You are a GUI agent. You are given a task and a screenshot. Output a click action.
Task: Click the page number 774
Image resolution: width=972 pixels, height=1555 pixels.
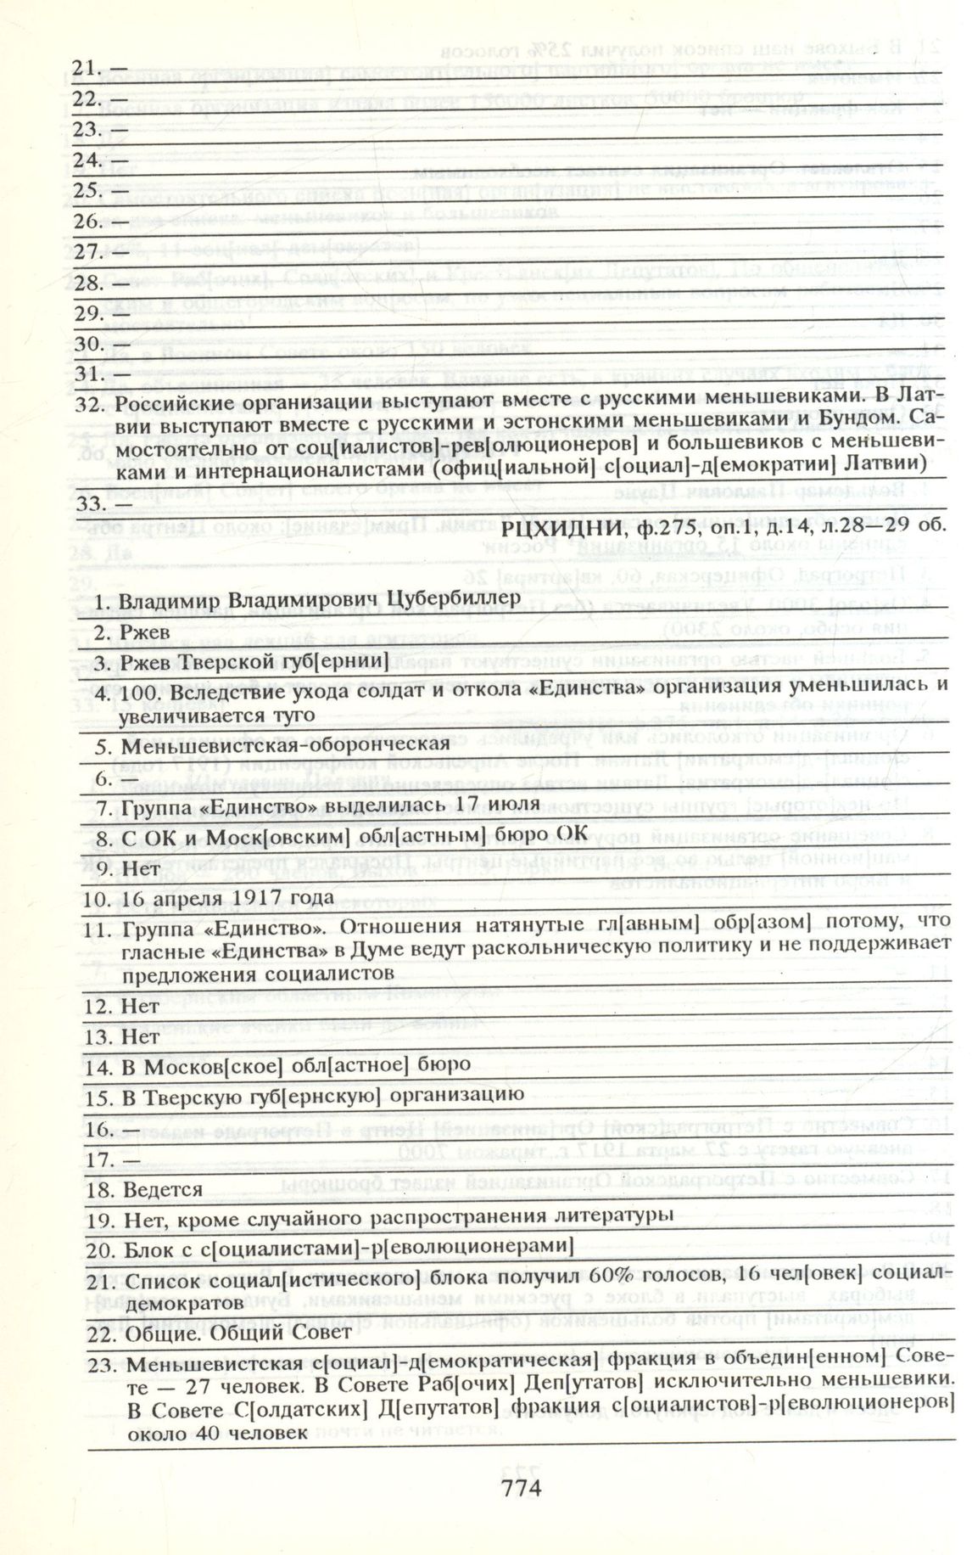click(x=521, y=1486)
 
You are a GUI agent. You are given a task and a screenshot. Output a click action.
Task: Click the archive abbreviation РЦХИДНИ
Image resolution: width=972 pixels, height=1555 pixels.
click(x=554, y=526)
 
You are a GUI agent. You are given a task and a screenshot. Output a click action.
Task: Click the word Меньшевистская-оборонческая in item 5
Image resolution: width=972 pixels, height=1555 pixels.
click(x=285, y=744)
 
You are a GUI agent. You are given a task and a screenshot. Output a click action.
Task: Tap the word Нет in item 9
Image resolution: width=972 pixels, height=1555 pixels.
click(x=140, y=869)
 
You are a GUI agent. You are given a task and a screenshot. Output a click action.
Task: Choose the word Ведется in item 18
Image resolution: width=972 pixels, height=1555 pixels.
click(x=163, y=1189)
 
